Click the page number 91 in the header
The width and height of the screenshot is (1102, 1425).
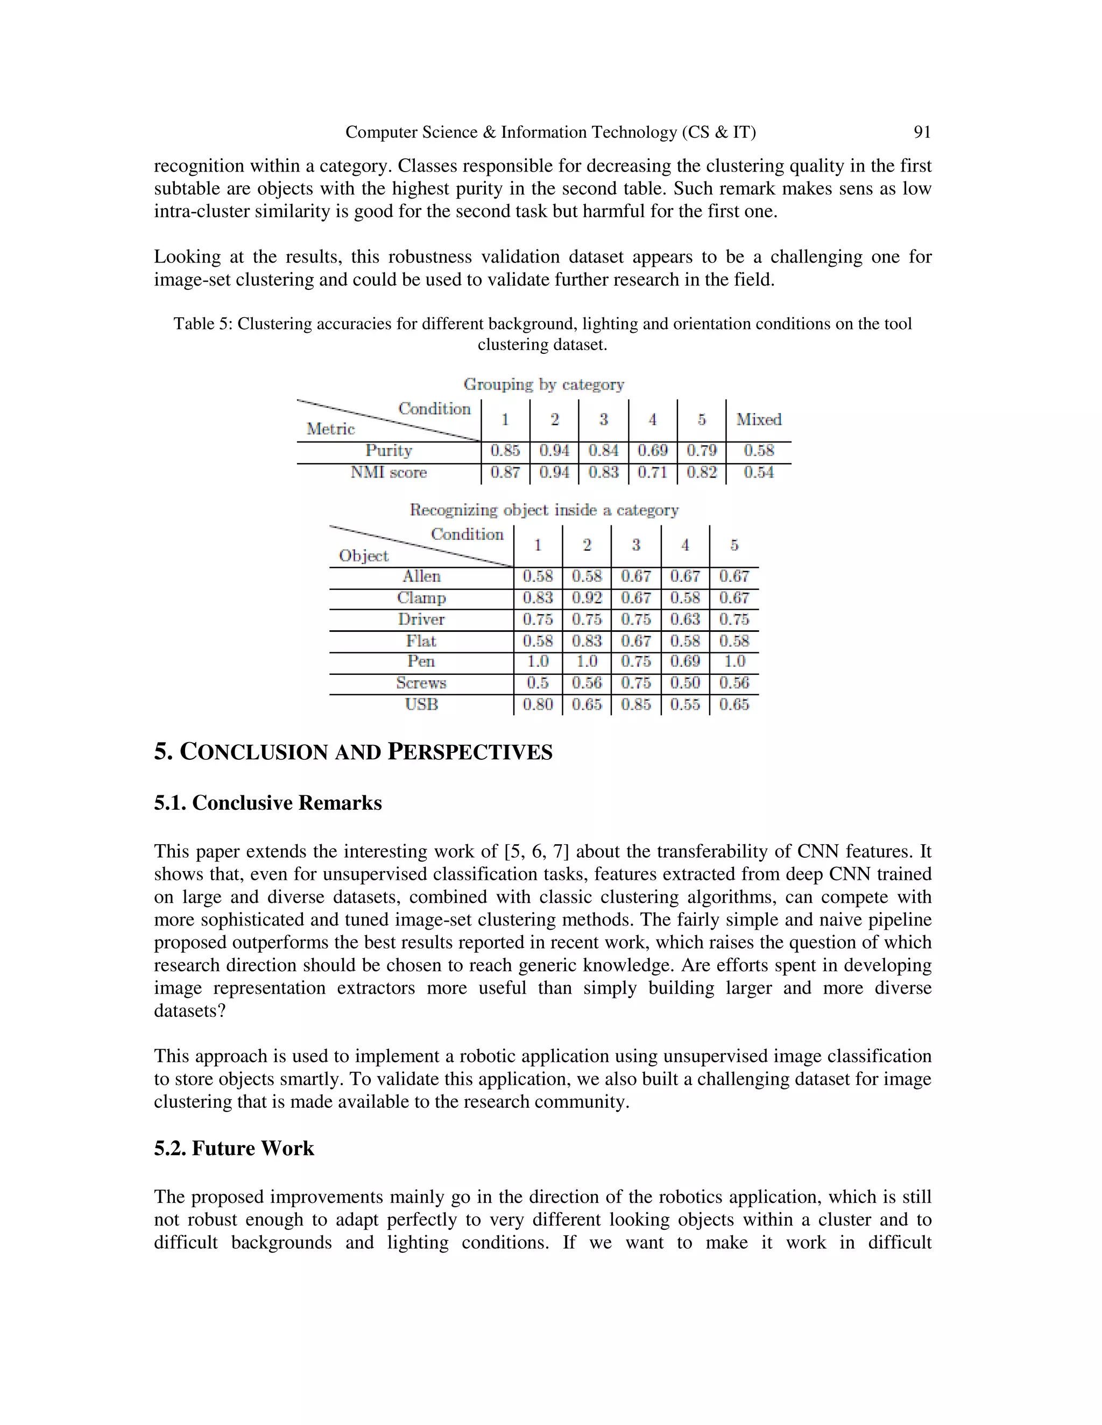(x=921, y=132)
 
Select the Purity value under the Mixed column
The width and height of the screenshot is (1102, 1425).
(x=759, y=451)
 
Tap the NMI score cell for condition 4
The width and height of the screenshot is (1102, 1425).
(x=652, y=472)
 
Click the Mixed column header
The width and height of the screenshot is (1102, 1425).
(x=759, y=419)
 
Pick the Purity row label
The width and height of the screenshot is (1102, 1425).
(x=388, y=451)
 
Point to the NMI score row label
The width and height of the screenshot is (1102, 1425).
(x=388, y=472)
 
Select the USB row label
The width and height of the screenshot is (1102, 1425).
(x=421, y=704)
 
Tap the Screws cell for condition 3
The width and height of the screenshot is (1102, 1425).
(x=636, y=683)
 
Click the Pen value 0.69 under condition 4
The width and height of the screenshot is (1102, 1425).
(x=685, y=661)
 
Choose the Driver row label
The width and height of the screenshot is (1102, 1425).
(x=421, y=619)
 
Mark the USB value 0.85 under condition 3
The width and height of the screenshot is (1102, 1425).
(x=636, y=704)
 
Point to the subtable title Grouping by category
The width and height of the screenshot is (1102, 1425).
(x=544, y=384)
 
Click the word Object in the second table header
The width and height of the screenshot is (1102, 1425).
(x=364, y=556)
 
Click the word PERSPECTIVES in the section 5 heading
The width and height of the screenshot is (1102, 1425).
(x=470, y=752)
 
